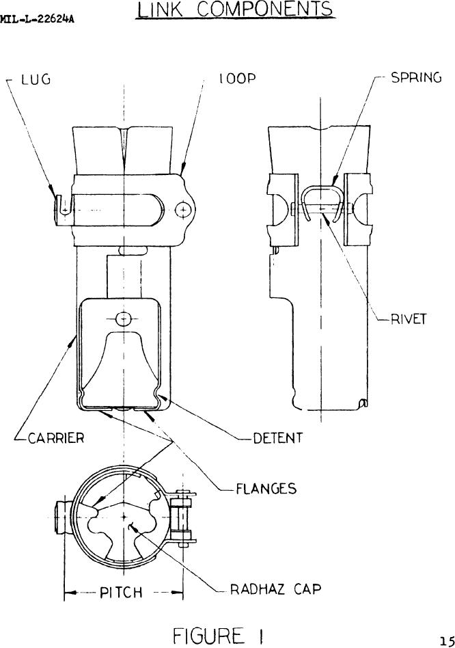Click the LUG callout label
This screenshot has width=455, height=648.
click(x=36, y=79)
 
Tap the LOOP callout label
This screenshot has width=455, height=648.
click(x=238, y=79)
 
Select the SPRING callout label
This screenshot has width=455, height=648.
click(x=416, y=78)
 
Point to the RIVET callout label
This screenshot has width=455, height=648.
click(x=409, y=319)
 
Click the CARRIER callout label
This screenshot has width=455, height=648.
click(x=56, y=437)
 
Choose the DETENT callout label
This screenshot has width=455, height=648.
click(x=278, y=437)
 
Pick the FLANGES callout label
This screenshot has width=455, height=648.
click(x=266, y=489)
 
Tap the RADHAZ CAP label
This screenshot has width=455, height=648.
click(x=275, y=589)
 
